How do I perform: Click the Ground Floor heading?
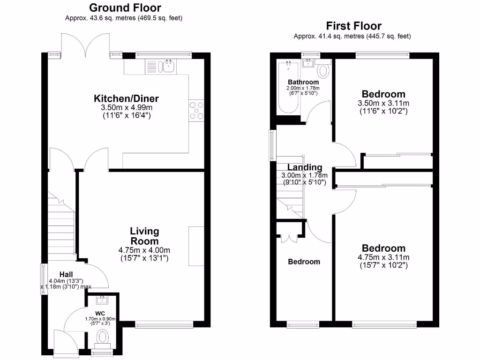125,7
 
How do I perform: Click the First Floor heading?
354,26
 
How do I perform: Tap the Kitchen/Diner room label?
127,98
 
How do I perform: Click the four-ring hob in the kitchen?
196,111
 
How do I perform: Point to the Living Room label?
144,236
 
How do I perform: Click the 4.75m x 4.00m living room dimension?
144,250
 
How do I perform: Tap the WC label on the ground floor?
99,313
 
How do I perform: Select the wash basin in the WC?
99,300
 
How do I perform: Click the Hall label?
66,274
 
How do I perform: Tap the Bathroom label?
303,82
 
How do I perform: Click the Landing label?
305,167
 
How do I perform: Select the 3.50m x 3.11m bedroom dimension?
383,103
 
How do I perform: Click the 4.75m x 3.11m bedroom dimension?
383,257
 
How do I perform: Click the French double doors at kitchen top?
86,45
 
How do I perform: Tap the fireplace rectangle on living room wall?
196,246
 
